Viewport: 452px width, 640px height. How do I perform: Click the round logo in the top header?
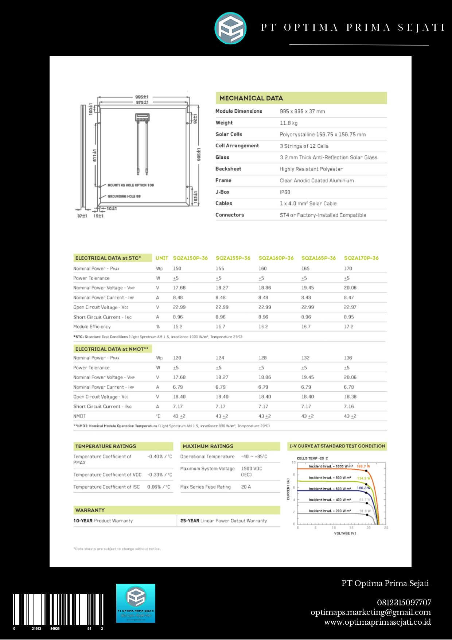tap(230, 28)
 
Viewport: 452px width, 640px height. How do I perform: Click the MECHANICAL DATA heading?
tap(251, 98)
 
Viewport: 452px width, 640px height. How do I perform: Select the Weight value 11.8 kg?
tap(289, 123)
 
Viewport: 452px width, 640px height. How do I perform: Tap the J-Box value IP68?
tap(285, 192)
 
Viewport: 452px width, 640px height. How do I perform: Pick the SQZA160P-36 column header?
tap(276, 258)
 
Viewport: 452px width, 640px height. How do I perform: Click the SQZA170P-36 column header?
tap(361, 258)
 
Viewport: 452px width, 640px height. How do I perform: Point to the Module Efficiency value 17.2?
tap(348, 327)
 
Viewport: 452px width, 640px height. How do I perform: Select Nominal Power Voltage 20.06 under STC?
tap(350, 288)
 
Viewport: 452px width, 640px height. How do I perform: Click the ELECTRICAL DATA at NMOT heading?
tap(112, 349)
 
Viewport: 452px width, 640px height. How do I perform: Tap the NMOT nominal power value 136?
tap(348, 358)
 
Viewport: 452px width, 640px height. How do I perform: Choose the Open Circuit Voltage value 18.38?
tap(350, 397)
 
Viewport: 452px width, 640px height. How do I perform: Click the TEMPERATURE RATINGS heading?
tap(105, 446)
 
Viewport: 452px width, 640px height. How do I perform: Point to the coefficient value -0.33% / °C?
tap(160, 475)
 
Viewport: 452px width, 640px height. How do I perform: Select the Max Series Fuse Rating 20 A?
tap(246, 487)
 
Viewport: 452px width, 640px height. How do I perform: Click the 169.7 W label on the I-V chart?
tap(363, 466)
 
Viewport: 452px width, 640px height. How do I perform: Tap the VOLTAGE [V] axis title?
tap(345, 534)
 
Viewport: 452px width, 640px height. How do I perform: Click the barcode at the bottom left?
tap(58, 610)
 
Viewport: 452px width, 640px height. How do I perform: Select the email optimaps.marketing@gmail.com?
tap(370, 612)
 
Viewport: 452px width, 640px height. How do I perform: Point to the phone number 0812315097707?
tap(404, 602)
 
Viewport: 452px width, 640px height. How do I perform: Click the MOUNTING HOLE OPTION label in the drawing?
tap(130, 185)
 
